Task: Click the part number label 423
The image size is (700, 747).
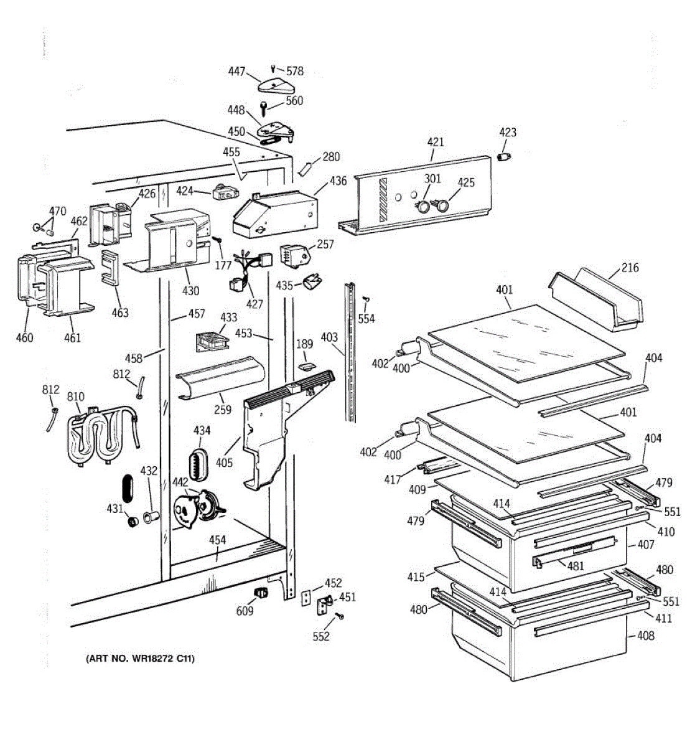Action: click(x=508, y=133)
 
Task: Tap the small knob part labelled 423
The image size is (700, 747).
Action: click(x=505, y=156)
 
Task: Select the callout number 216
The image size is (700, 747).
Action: click(x=630, y=268)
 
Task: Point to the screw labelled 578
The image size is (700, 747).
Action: click(x=274, y=69)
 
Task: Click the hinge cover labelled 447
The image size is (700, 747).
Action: click(x=276, y=85)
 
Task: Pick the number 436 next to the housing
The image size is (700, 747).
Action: click(x=338, y=181)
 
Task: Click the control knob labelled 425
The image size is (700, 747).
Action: click(x=441, y=205)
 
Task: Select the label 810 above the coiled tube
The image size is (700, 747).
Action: click(x=76, y=397)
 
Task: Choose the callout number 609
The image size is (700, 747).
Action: click(x=245, y=611)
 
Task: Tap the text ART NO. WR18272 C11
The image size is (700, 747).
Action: click(x=140, y=659)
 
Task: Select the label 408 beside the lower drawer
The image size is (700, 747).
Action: click(x=646, y=636)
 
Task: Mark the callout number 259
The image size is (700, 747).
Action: click(x=223, y=409)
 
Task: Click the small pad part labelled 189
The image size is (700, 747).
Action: click(x=307, y=365)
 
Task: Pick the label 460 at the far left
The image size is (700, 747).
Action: click(x=24, y=338)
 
